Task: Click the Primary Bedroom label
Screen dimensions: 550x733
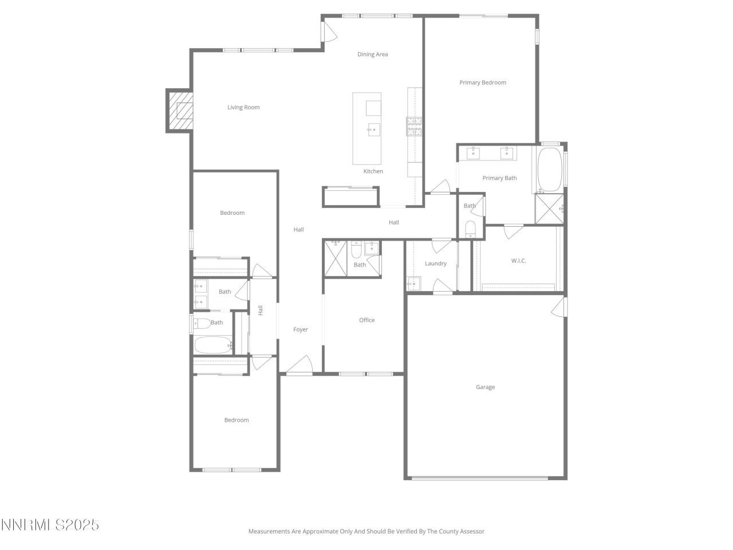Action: tap(482, 82)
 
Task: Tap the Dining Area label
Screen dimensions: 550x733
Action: tap(373, 54)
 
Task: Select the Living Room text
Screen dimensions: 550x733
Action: tap(243, 107)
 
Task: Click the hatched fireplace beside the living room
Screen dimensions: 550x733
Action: tap(180, 111)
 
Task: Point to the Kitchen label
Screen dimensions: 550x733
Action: tap(373, 171)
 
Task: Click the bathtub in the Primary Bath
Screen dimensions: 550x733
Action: tap(550, 170)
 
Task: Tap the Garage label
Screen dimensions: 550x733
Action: tap(485, 387)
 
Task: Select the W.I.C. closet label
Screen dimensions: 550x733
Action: tap(518, 261)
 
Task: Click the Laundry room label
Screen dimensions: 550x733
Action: tap(436, 264)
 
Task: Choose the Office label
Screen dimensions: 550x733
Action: tap(367, 320)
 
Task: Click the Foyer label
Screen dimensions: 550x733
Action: tap(301, 329)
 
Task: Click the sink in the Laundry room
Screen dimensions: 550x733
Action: tap(413, 283)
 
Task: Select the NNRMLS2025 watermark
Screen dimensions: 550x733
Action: tap(50, 525)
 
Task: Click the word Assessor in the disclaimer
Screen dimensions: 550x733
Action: tap(471, 532)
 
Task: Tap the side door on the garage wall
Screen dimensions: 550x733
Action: tap(558, 307)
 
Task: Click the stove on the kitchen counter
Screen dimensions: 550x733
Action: tap(415, 126)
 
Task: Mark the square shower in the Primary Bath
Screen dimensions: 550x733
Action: tap(549, 209)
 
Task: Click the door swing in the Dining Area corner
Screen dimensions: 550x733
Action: tap(329, 32)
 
